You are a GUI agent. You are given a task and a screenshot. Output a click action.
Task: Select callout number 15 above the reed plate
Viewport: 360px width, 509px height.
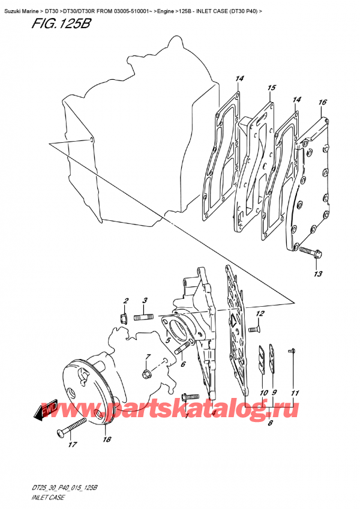click(271, 88)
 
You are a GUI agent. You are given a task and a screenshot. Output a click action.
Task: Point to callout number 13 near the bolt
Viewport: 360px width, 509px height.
click(317, 274)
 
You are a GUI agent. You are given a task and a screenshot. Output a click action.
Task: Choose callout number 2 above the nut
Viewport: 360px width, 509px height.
click(126, 300)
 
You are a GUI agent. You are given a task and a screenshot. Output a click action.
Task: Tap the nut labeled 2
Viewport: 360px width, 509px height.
click(124, 317)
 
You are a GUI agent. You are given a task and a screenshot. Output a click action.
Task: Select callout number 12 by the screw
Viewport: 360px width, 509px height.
click(260, 314)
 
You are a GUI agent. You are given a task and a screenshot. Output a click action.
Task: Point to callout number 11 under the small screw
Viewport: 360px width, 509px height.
click(294, 393)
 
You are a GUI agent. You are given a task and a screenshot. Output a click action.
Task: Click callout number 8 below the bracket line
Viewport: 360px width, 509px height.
click(271, 423)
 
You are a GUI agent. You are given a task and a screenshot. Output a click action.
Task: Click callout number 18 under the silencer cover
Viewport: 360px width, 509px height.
click(107, 440)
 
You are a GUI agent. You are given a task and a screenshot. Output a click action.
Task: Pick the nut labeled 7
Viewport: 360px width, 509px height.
click(146, 375)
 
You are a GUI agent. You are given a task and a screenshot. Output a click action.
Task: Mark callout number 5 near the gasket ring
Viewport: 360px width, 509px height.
click(169, 340)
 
